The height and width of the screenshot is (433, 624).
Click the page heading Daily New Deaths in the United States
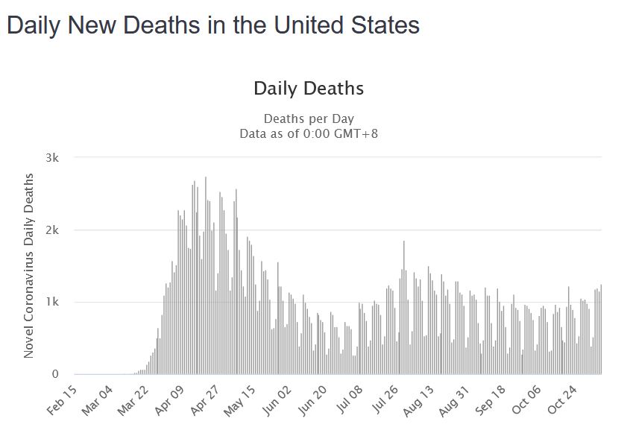click(212, 26)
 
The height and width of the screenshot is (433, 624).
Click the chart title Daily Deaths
click(309, 89)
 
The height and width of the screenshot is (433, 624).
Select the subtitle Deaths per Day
click(309, 119)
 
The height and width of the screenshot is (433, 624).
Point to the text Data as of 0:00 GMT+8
click(309, 133)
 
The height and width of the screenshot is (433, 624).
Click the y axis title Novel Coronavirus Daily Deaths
click(29, 265)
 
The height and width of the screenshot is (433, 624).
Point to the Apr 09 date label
click(172, 398)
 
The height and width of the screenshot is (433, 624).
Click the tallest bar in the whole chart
click(206, 276)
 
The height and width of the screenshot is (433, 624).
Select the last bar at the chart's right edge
click(601, 329)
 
